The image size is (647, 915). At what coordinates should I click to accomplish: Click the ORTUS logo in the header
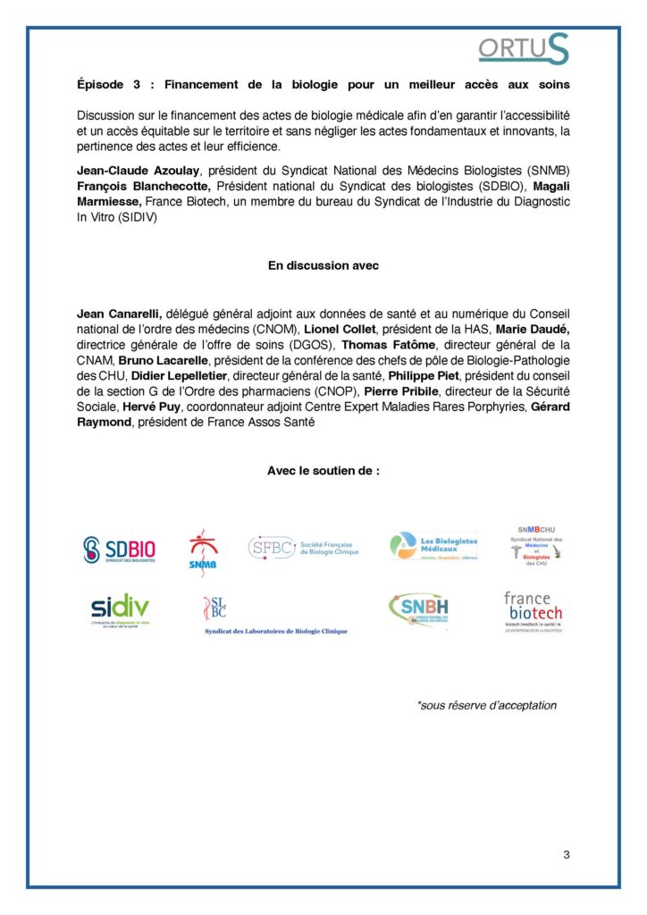click(x=523, y=49)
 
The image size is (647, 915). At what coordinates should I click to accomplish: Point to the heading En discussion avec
click(x=323, y=265)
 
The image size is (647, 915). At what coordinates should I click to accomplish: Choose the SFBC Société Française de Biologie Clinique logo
click(x=303, y=547)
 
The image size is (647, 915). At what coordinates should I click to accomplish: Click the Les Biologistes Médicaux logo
click(x=433, y=545)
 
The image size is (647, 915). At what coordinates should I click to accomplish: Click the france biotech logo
click(x=533, y=611)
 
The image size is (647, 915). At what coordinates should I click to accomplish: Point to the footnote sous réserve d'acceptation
click(x=486, y=705)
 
